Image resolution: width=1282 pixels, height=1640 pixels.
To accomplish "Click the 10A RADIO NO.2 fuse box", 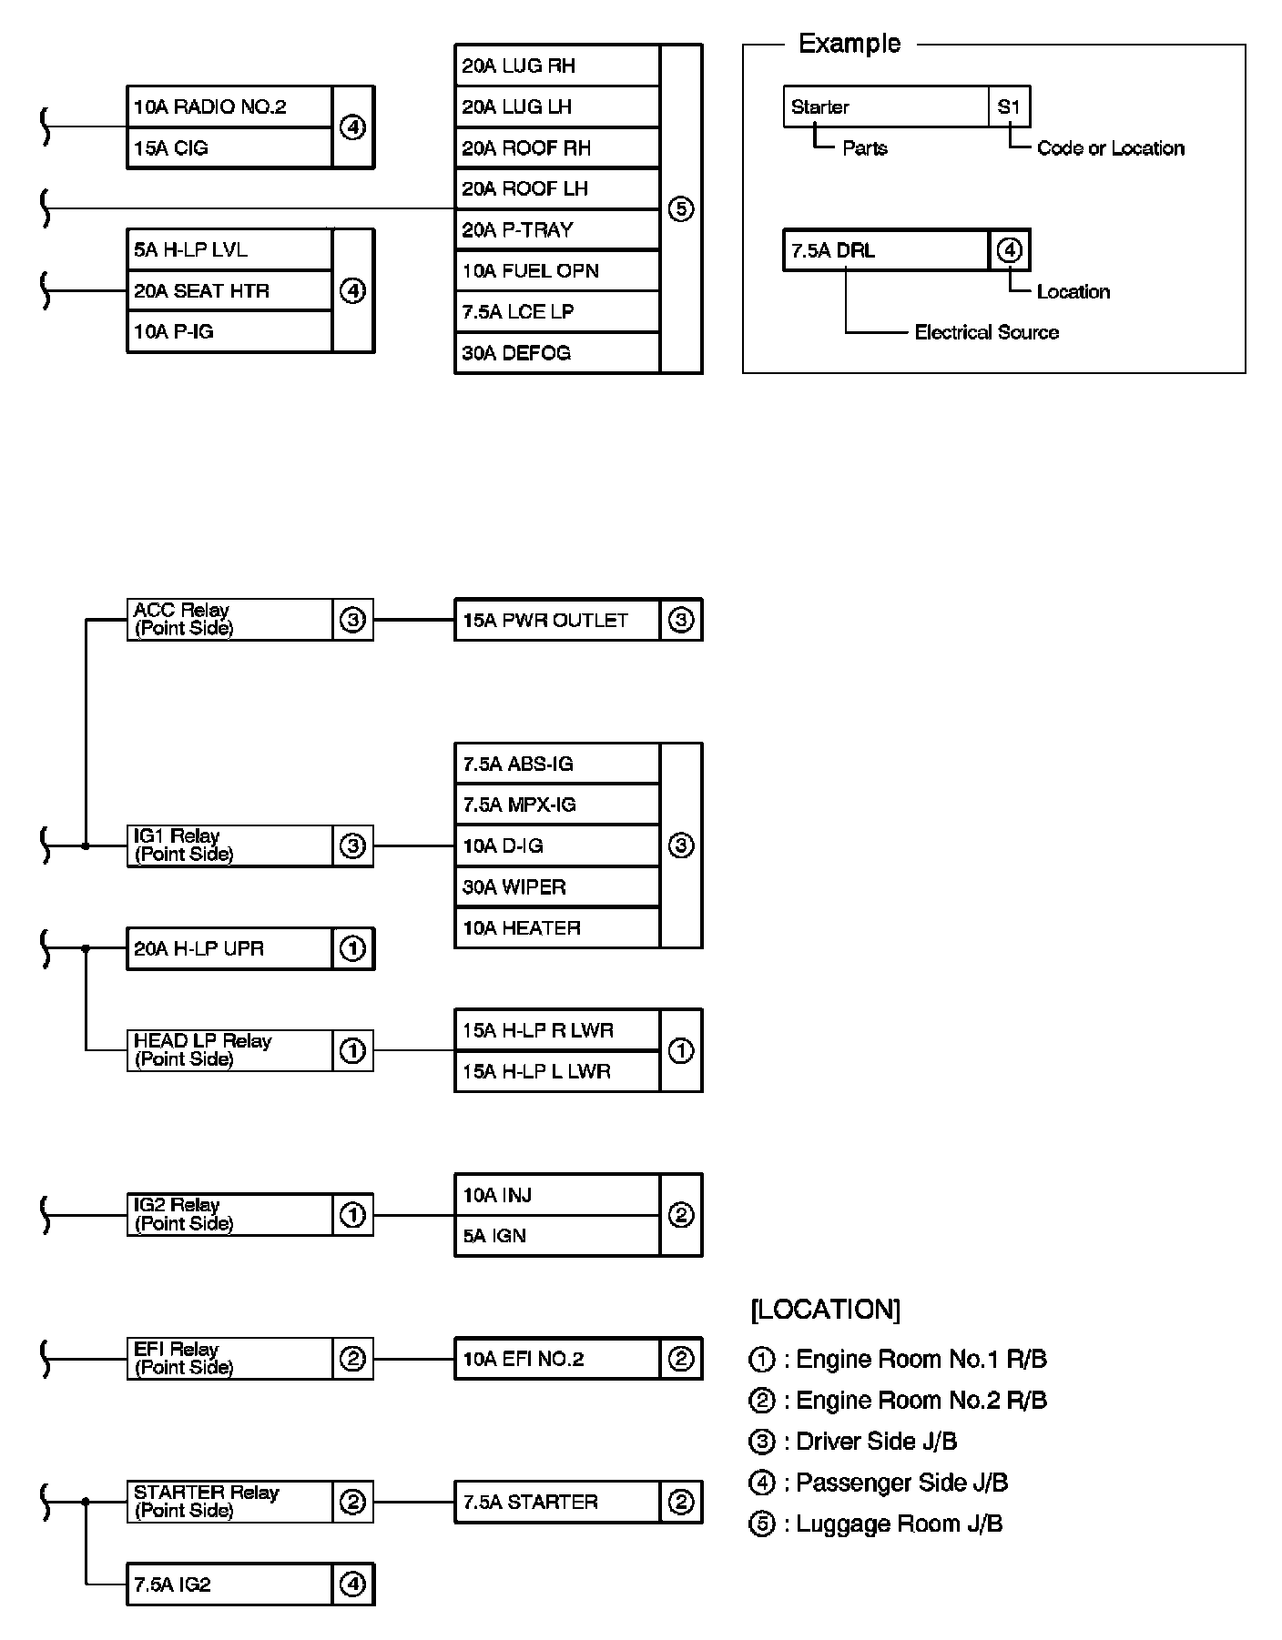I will [x=229, y=107].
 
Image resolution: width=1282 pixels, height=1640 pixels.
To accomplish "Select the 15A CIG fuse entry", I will [x=229, y=148].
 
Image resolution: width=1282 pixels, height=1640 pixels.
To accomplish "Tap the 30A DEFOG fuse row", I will [x=556, y=353].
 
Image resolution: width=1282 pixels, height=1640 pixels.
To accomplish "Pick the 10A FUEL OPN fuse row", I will [x=556, y=271].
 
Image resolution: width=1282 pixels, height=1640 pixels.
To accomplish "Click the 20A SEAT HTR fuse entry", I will [x=229, y=291].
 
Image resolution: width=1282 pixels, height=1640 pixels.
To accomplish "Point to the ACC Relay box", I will [x=229, y=620].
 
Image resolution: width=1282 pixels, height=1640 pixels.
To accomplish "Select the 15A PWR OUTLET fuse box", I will [x=556, y=621].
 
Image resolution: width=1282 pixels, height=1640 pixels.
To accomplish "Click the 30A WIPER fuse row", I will [x=556, y=887].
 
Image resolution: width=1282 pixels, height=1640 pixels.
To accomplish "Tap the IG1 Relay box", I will [x=229, y=845].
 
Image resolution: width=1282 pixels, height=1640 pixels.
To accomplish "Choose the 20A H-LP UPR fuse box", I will [x=229, y=949].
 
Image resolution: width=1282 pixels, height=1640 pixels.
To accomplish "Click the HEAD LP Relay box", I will [x=229, y=1050].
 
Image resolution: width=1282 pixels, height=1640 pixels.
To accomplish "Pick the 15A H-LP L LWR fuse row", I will [x=556, y=1072].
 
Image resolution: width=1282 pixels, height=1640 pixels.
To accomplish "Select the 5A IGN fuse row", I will [x=556, y=1236].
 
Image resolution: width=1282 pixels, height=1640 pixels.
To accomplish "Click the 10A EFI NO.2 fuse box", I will [x=556, y=1360].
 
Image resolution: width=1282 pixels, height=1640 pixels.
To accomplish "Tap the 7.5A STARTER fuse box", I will [x=556, y=1503].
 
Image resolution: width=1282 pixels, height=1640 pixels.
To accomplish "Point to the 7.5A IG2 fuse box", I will [x=229, y=1585].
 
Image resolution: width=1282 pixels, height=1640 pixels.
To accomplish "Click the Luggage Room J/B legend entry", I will [x=876, y=1524].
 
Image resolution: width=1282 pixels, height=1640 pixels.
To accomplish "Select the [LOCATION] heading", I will [x=825, y=1310].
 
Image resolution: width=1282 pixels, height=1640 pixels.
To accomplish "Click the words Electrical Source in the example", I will [x=986, y=333].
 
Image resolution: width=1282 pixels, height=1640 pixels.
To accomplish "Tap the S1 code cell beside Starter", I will [x=1009, y=107].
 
